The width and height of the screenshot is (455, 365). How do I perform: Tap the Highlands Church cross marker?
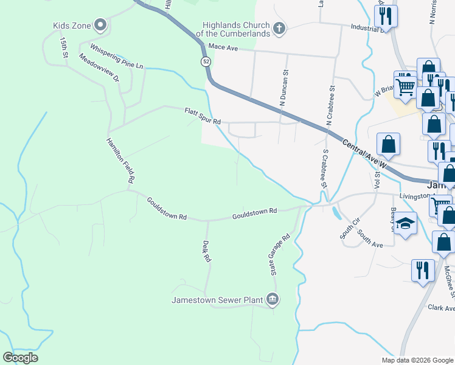(x=279, y=28)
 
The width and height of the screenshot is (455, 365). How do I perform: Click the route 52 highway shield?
(x=206, y=61)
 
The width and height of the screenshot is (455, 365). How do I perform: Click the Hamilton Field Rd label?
(x=120, y=160)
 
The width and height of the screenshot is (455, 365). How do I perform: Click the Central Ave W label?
(x=364, y=154)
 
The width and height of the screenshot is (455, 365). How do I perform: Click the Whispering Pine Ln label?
(x=117, y=56)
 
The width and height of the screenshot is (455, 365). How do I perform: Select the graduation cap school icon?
(x=405, y=224)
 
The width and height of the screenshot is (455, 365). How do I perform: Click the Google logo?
(x=21, y=358)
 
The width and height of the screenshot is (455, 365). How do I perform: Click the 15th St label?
(x=64, y=47)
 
